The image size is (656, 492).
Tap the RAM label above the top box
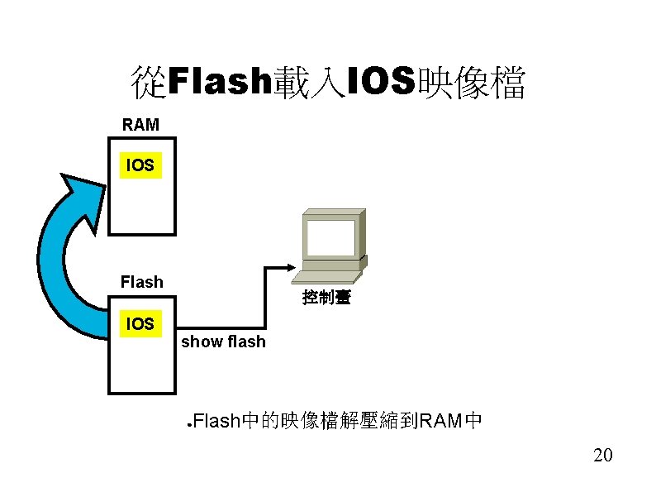click(140, 126)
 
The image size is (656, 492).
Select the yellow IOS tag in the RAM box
click(140, 165)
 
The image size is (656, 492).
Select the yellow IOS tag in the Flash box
click(140, 323)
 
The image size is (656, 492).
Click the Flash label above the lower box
click(141, 282)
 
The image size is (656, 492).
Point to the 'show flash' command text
click(223, 342)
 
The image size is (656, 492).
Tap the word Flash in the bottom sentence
click(219, 422)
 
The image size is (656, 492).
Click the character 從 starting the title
click(149, 83)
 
